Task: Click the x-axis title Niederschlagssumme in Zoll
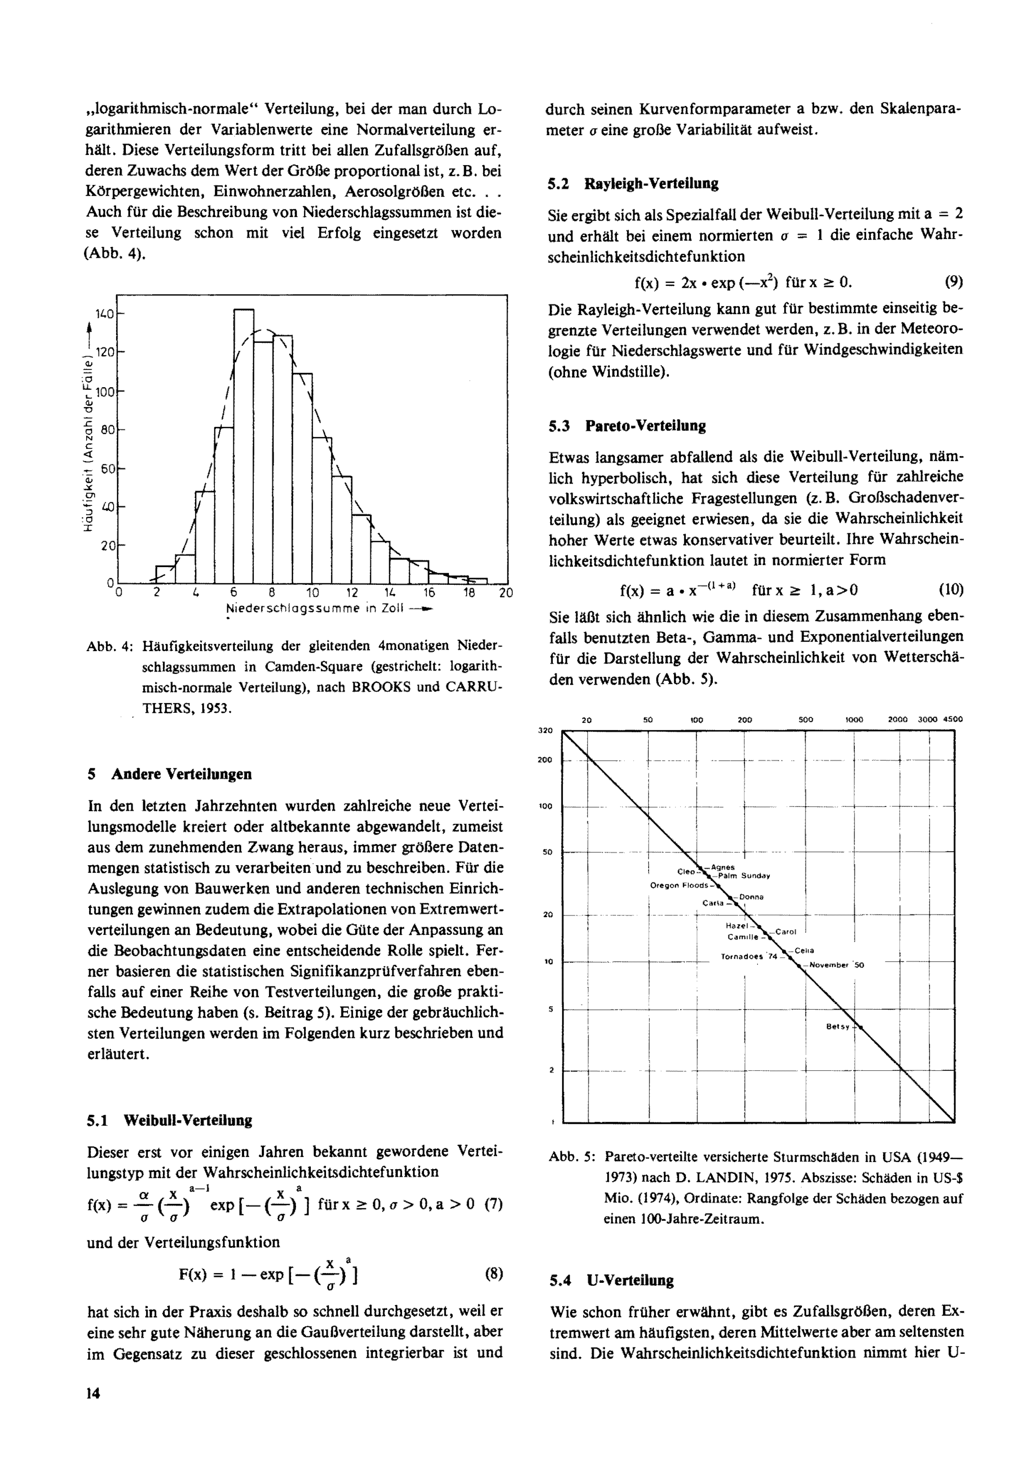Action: pos(315,608)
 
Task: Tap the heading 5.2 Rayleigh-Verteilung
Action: pos(633,184)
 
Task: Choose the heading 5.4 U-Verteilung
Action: pos(612,1280)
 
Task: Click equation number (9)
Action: pos(953,282)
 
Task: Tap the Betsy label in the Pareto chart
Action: pos(838,1027)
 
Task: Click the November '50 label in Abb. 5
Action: pos(836,965)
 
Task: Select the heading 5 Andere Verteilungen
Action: pos(170,774)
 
